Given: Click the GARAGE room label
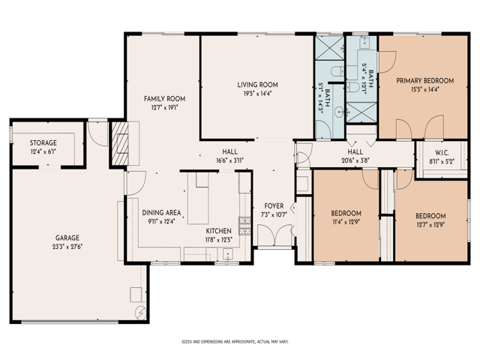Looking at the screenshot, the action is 67,238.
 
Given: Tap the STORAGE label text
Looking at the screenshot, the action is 43,143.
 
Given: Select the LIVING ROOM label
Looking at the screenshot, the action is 258,85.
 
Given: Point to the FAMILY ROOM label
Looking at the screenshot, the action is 165,99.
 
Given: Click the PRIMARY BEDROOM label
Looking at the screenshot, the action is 425,81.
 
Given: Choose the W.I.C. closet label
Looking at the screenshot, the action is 442,153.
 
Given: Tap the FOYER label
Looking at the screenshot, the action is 274,206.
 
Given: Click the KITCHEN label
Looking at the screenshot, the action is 218,231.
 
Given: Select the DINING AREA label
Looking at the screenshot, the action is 162,213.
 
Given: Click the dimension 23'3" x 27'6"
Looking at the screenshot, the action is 67,247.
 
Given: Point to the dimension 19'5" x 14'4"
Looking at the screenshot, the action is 258,93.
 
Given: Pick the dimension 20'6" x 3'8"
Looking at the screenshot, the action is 355,160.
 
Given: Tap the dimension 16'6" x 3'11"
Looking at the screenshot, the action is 230,160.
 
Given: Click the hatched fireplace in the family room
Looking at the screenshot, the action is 120,143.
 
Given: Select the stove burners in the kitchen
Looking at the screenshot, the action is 244,226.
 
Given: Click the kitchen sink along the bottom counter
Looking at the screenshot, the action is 228,254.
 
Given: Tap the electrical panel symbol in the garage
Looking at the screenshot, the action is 141,313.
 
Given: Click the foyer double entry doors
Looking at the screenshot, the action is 274,235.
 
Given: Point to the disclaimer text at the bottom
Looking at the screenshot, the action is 235,342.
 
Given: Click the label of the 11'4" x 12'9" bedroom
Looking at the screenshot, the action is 346,213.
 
